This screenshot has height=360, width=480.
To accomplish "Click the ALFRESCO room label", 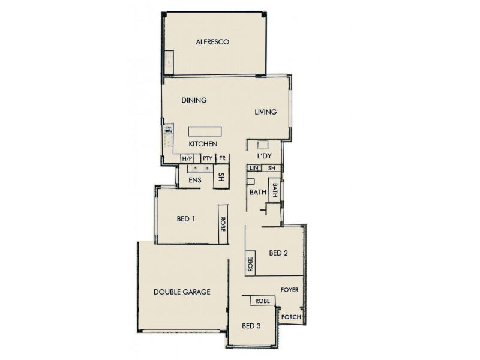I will click(x=213, y=42).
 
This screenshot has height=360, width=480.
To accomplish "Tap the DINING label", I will click(x=194, y=100).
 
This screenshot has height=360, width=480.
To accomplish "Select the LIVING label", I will click(x=265, y=112).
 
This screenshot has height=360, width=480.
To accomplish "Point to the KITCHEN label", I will click(x=203, y=145).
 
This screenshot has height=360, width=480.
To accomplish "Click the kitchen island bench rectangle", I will click(x=205, y=132).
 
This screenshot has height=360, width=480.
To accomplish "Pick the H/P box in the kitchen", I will click(x=187, y=158).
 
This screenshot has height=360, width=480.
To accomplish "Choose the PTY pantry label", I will click(x=208, y=158).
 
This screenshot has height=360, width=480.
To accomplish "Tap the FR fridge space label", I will click(x=222, y=158).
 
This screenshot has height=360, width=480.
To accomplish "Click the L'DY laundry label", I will click(x=265, y=156).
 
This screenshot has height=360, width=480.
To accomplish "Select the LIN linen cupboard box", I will click(x=254, y=169).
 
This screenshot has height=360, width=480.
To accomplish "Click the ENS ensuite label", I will click(x=194, y=180).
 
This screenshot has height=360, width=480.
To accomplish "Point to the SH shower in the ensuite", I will click(x=221, y=178).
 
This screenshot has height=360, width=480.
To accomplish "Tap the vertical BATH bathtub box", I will click(x=275, y=191).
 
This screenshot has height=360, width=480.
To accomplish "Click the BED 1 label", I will click(x=185, y=219).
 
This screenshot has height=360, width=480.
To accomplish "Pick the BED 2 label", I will click(x=278, y=253).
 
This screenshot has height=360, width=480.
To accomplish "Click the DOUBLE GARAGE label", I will click(x=182, y=292).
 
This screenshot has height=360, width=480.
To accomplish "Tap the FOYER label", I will click(x=289, y=290).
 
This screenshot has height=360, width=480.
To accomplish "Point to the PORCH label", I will click(x=290, y=317).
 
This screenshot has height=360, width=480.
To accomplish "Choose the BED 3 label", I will click(x=251, y=326).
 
